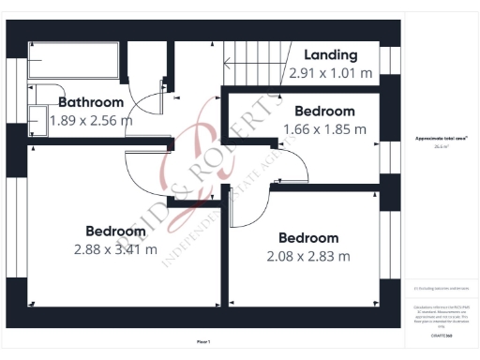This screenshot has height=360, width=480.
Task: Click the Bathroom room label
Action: (91, 102)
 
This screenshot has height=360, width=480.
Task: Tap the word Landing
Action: (330, 54)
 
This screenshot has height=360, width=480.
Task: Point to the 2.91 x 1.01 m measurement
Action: (330, 71)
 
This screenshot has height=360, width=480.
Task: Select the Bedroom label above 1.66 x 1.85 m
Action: (324, 112)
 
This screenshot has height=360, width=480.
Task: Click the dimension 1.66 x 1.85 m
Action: (324, 128)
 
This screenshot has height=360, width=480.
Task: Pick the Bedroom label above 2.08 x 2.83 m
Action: (308, 238)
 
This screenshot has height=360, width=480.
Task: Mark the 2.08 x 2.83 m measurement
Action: (308, 256)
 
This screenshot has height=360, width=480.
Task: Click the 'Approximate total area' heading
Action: (441, 138)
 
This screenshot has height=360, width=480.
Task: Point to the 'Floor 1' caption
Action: (203, 341)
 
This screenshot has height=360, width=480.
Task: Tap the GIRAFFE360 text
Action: (441, 335)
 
